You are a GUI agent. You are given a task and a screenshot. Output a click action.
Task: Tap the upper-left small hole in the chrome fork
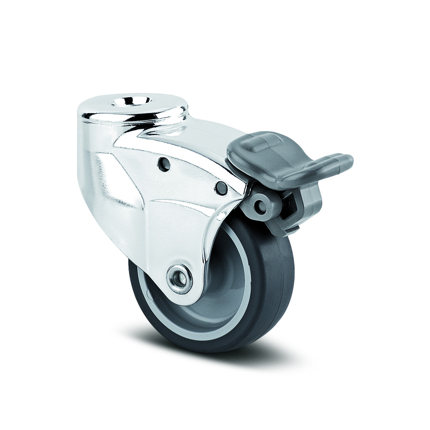coord(163,164)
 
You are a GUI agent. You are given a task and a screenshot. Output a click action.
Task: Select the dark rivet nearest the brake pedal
coord(221,187)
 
